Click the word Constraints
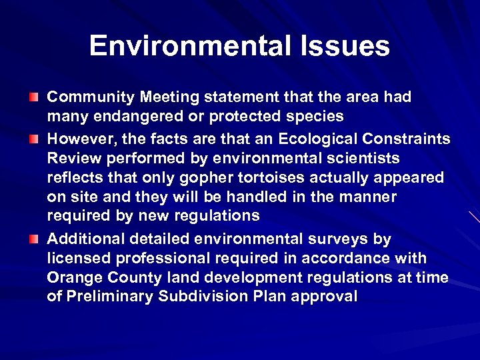(x=411, y=139)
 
